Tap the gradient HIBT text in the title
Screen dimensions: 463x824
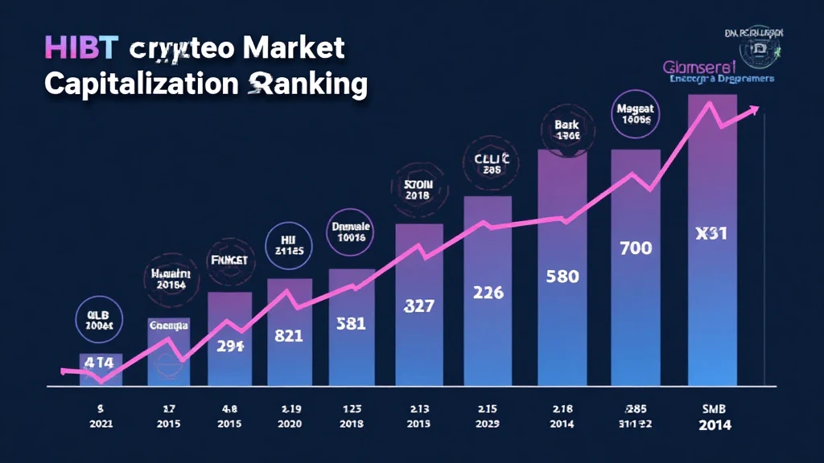[x=85, y=48]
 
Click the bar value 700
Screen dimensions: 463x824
[x=636, y=248]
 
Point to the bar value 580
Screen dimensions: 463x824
[x=562, y=277]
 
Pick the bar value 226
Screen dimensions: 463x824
[x=488, y=293]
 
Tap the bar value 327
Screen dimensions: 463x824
[x=418, y=306]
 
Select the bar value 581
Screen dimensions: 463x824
[x=350, y=324]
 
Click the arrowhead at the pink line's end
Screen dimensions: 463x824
[x=753, y=110]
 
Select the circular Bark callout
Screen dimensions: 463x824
[x=567, y=130]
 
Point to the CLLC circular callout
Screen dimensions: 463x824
[x=488, y=164]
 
